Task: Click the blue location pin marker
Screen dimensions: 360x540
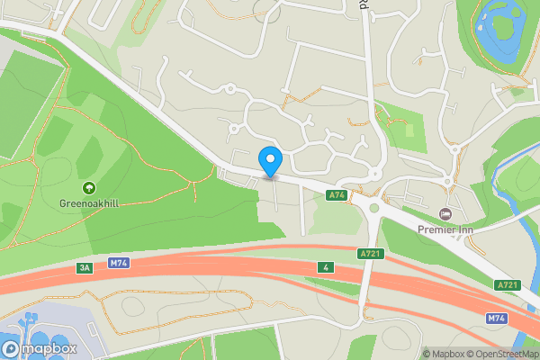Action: tap(270, 161)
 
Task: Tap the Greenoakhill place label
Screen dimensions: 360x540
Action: tap(90, 202)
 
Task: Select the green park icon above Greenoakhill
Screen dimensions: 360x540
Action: tap(89, 187)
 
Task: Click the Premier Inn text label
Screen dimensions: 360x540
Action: tap(445, 229)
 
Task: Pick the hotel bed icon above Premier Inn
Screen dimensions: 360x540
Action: tap(445, 213)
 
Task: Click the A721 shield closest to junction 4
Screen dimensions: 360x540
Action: tap(372, 254)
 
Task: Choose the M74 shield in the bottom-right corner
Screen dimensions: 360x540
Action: tap(497, 319)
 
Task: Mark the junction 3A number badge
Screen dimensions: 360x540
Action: tap(85, 267)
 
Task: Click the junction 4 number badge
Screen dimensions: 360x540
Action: tap(325, 266)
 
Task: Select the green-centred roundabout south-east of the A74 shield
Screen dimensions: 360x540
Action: tap(373, 210)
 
